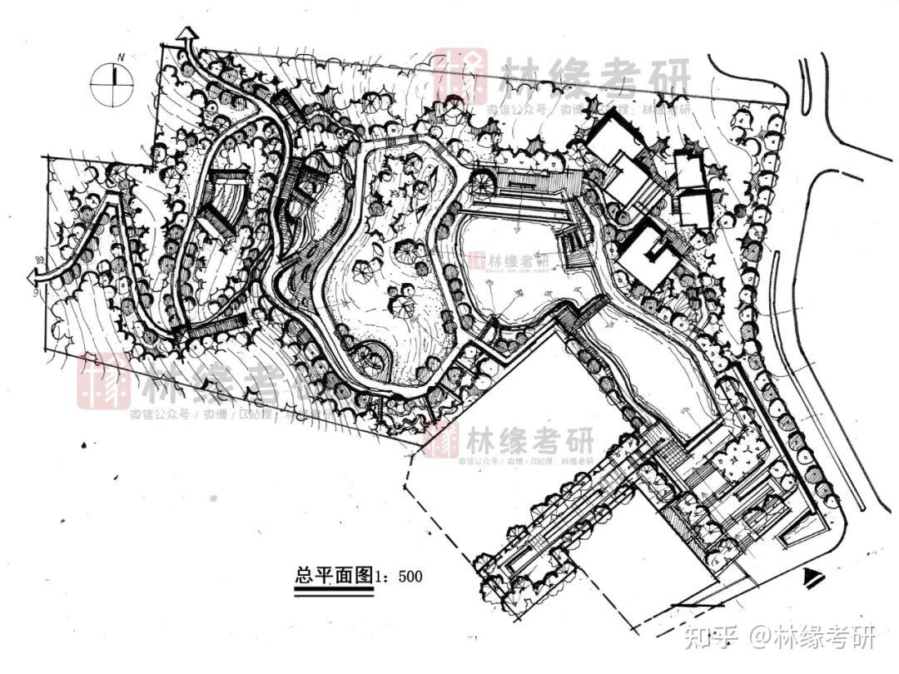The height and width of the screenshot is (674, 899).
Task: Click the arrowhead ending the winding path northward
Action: pyautogui.click(x=187, y=34)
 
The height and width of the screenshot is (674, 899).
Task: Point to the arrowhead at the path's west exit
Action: pyautogui.click(x=41, y=274)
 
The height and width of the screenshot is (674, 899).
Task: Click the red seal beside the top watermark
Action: pyautogui.click(x=459, y=75)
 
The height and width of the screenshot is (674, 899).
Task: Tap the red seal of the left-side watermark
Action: pyautogui.click(x=103, y=379)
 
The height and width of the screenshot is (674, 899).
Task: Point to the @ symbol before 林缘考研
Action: pyautogui.click(x=761, y=639)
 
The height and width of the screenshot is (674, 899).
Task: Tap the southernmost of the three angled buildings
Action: pyautogui.click(x=648, y=253)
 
